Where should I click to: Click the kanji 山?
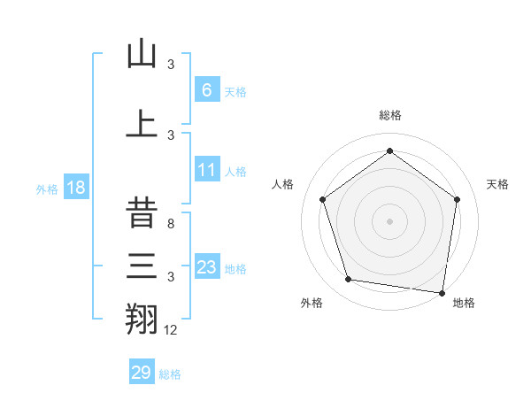142,55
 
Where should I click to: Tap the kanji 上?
142,122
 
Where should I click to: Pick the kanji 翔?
142,318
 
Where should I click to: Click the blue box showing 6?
206,90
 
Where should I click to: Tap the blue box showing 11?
206,170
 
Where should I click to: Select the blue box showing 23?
206,267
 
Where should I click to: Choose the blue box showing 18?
76,189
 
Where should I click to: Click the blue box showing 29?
142,373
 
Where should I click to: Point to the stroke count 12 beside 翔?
171,330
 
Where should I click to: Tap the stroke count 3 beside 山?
171,65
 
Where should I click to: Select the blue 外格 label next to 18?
47,189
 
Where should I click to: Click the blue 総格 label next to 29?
170,374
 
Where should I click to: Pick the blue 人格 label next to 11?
235,171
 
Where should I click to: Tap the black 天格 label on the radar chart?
498,184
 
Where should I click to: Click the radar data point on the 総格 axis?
389,150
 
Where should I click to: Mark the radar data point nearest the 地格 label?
442,292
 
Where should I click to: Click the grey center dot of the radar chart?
389,220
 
